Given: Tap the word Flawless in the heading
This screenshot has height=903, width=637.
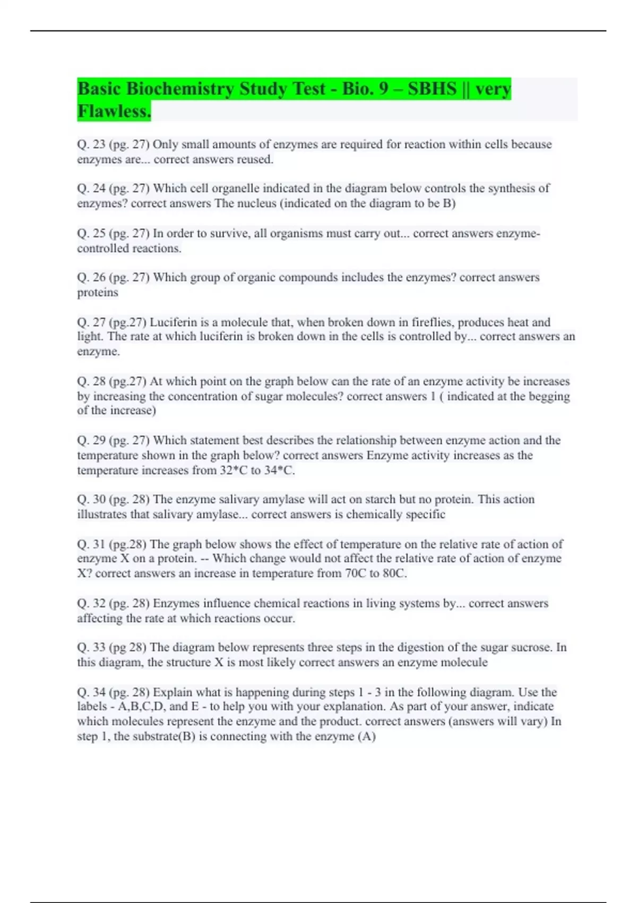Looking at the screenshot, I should click(x=114, y=112).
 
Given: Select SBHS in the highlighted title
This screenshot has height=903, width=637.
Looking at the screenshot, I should click(x=432, y=89).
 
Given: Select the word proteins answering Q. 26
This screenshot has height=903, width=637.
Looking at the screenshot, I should click(x=98, y=293).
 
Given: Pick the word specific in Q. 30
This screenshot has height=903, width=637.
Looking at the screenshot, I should click(x=425, y=515).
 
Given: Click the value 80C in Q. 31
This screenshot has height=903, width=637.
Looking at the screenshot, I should click(x=393, y=574).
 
